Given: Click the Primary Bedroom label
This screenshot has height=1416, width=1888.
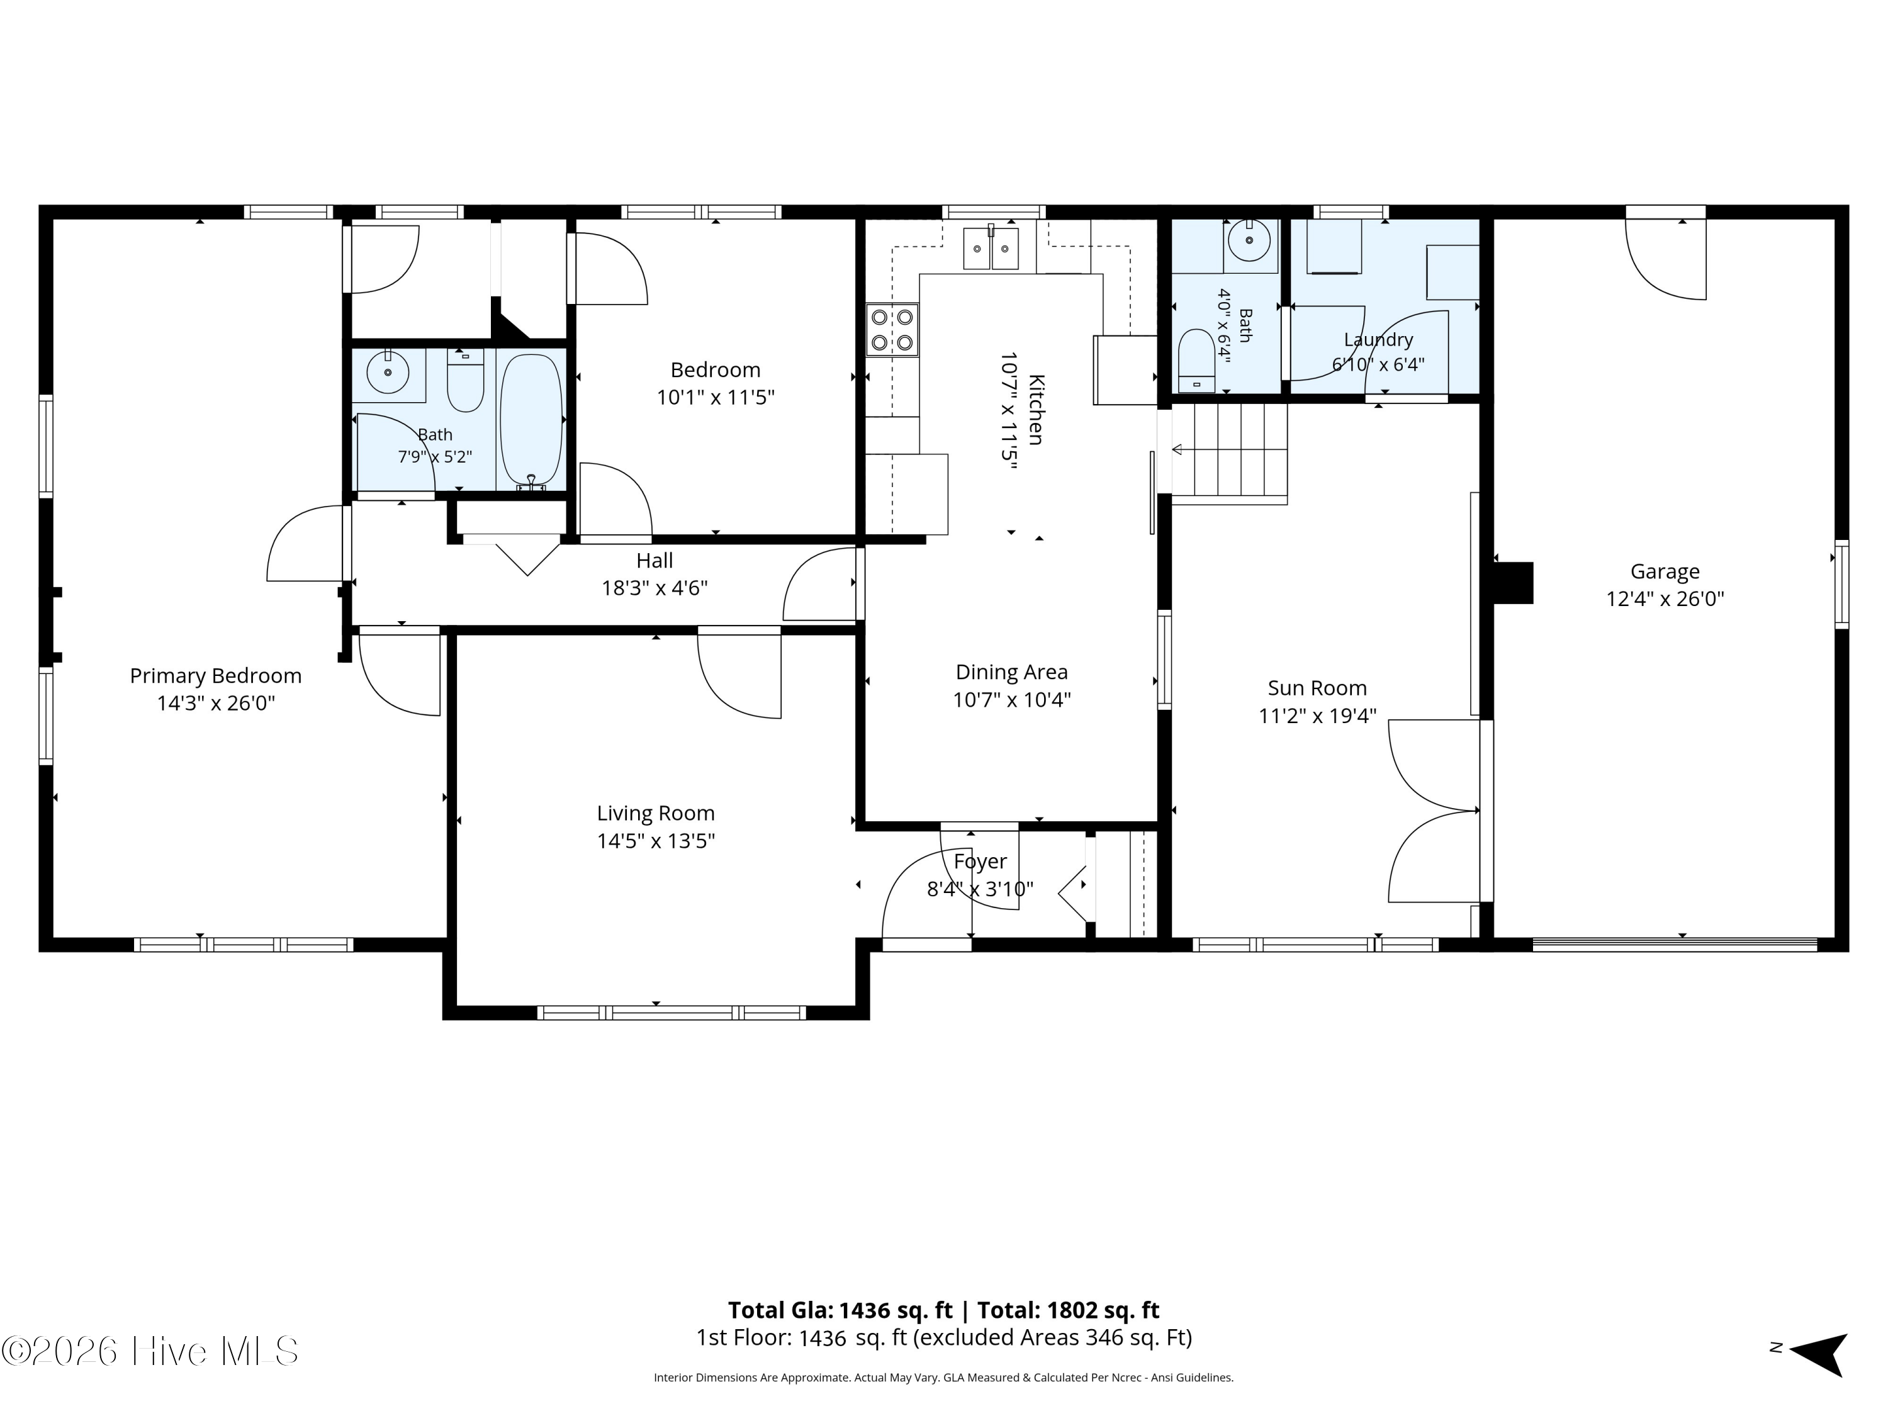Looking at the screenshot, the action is (216, 676).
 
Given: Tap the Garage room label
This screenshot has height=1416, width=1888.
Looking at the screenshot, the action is (1665, 572).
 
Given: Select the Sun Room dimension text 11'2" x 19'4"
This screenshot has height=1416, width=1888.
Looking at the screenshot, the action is (1317, 716).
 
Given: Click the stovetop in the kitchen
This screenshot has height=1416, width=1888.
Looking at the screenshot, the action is (892, 330).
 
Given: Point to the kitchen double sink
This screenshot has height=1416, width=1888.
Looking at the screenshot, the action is (991, 249).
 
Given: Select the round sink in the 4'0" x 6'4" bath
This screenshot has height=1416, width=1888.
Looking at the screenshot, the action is (1250, 240).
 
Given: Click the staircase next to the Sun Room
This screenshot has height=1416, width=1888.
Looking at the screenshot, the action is (1229, 453).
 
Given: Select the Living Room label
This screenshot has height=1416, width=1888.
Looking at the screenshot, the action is (656, 813).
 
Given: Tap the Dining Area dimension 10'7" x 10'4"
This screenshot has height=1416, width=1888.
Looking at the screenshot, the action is (1011, 700).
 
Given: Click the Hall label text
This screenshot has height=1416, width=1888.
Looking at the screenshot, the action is (655, 561).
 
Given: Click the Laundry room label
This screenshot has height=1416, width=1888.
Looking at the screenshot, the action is (1378, 340).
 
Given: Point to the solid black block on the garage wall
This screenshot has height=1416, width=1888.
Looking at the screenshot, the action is (1514, 583).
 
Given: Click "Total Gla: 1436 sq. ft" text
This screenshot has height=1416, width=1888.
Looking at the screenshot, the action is (840, 1310).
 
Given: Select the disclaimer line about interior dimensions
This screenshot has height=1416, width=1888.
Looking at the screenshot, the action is (943, 1402).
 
